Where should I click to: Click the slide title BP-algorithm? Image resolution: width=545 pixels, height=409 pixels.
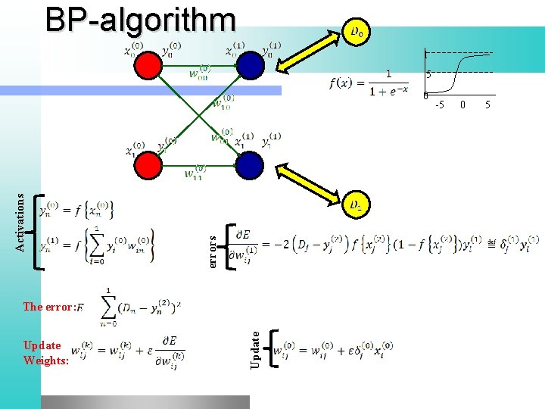point(140,20)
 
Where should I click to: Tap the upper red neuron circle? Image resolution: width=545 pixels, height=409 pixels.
point(150,67)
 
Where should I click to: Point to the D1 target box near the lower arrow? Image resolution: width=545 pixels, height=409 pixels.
point(357,204)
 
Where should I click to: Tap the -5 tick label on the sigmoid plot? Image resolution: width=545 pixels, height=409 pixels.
point(439,104)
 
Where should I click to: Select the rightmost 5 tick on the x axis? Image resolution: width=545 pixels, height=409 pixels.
point(487,104)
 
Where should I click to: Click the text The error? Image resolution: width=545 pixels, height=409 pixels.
point(49,307)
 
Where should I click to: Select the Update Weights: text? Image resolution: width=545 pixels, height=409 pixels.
point(45,353)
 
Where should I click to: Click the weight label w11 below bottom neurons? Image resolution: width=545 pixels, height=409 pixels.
point(195,173)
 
